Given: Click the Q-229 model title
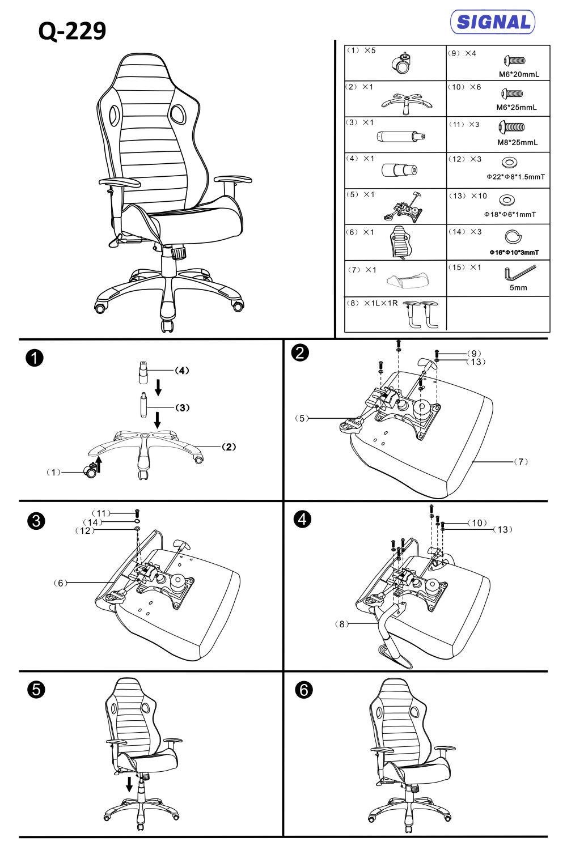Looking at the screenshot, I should tap(72, 32).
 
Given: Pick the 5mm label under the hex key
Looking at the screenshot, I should tap(518, 288).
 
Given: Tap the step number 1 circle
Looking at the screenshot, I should tap(35, 358).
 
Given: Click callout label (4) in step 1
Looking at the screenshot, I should tap(181, 371).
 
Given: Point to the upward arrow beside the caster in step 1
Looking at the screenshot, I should tap(99, 465).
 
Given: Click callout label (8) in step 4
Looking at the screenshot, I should tap(341, 624).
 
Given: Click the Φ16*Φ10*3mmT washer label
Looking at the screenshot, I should tap(514, 252).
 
